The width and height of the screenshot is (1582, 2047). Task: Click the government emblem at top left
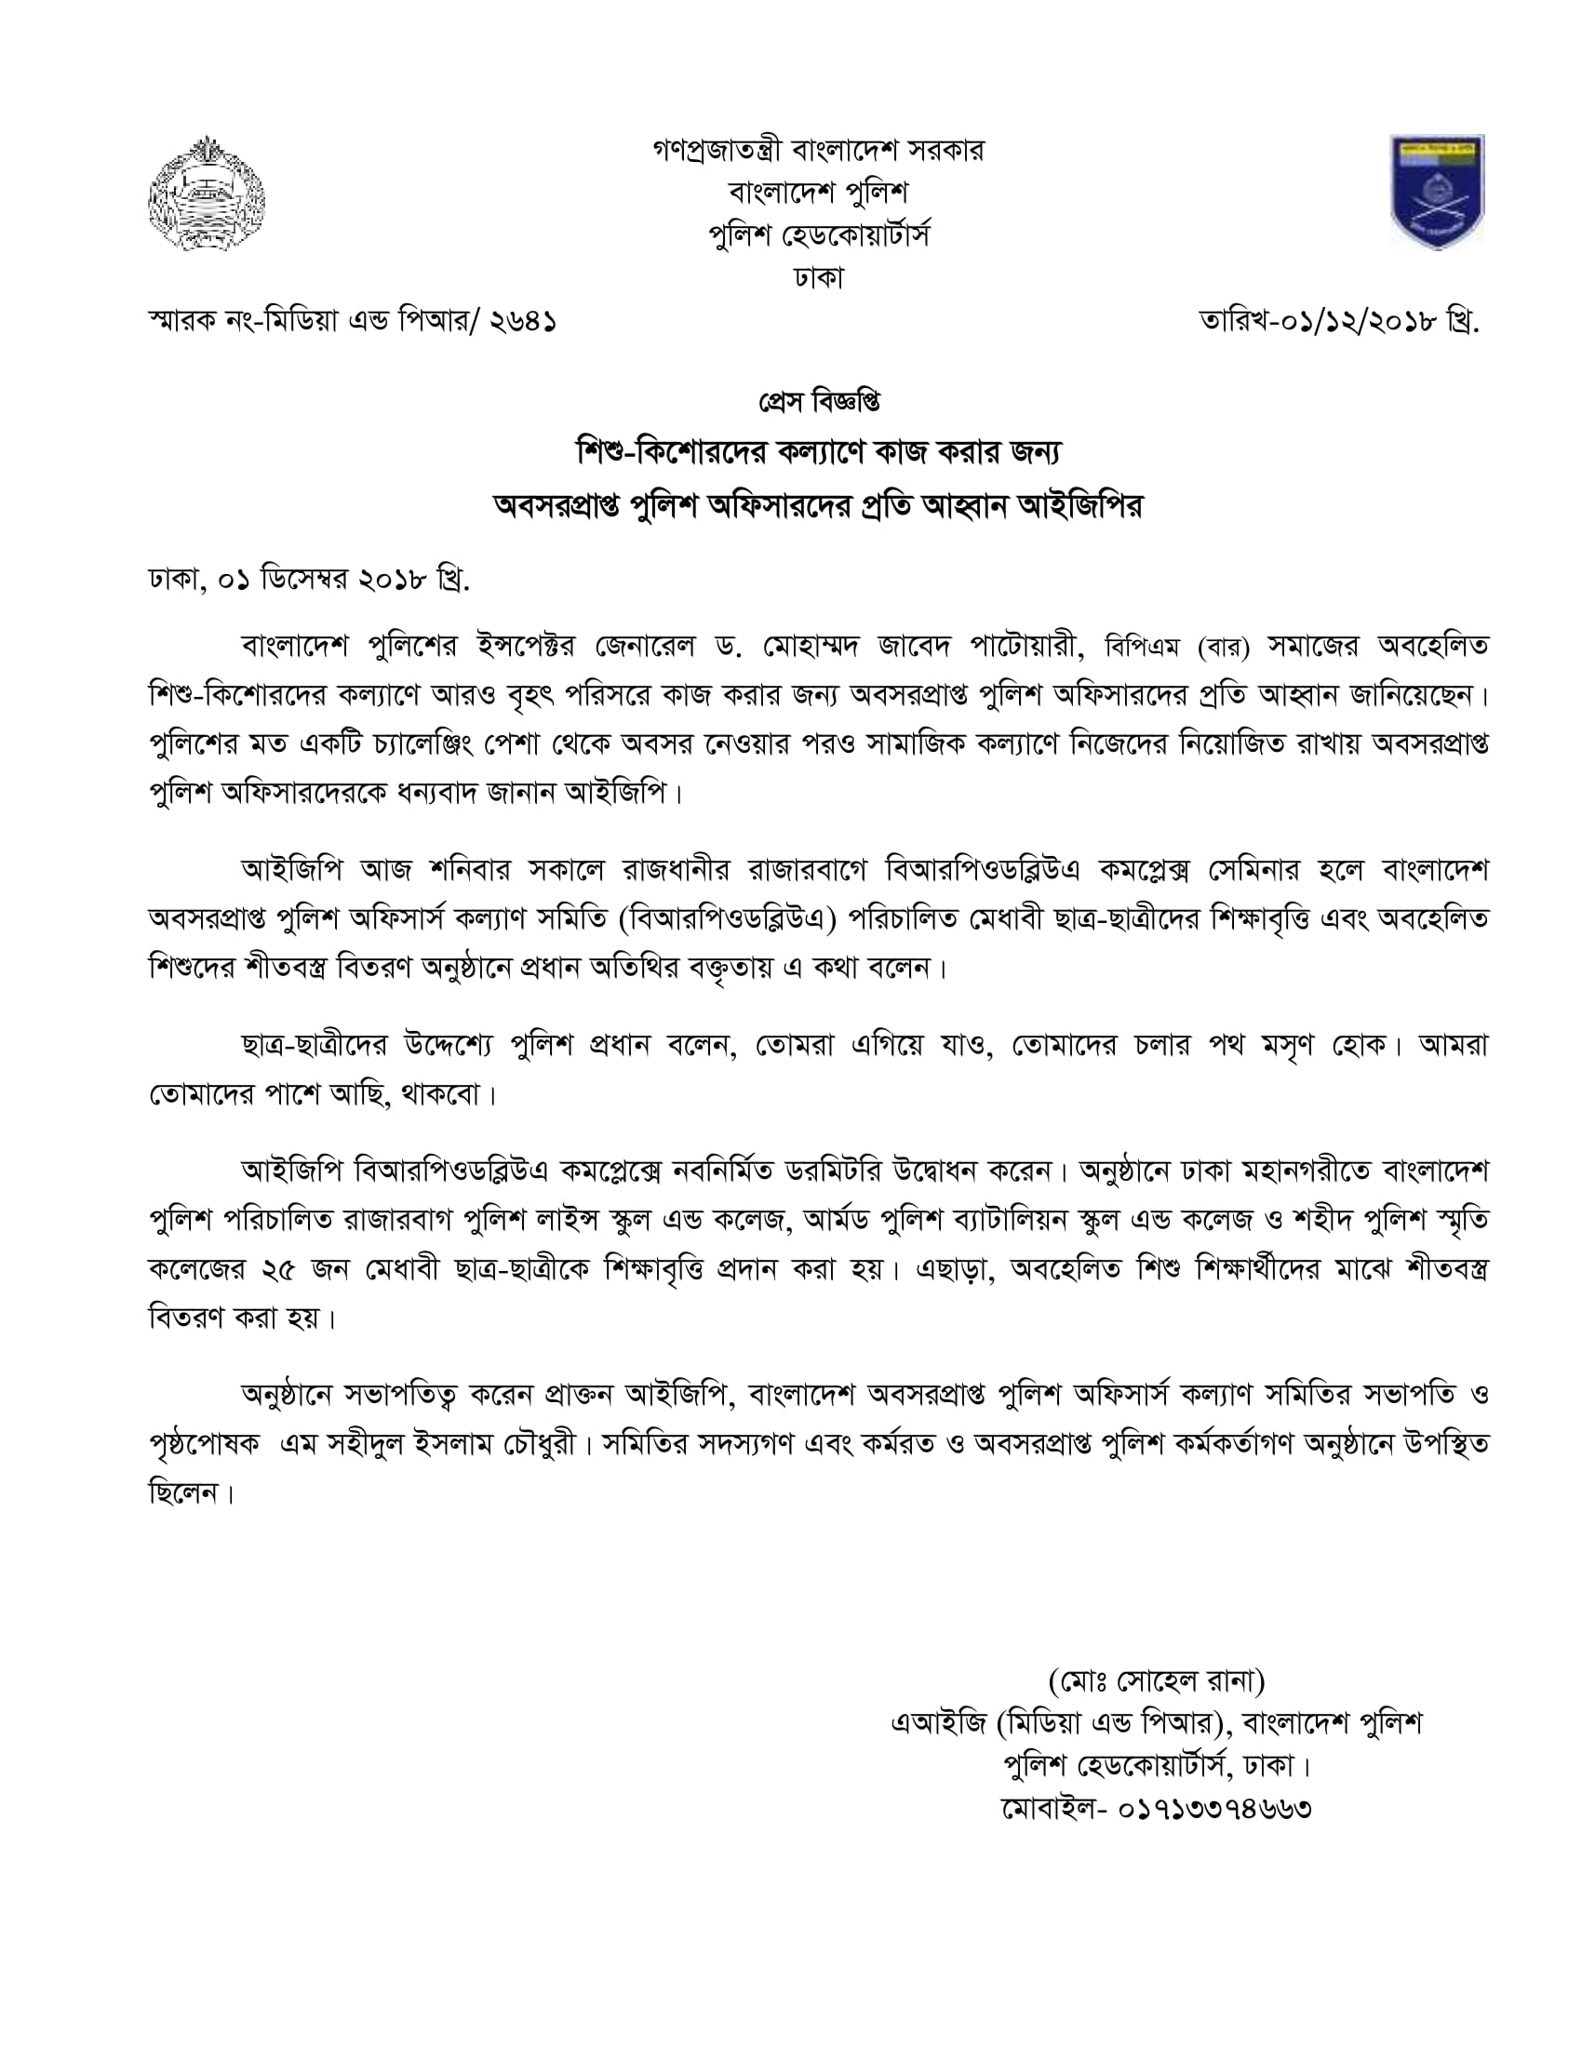[207, 194]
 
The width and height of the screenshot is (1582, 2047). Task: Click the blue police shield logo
[1437, 193]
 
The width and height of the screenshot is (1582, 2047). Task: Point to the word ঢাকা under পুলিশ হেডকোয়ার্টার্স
[818, 278]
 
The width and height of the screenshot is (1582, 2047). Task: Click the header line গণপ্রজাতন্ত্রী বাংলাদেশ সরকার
[818, 150]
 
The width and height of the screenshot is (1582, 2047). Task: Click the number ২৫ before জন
[275, 1269]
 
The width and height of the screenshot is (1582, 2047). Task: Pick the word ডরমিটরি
[813, 1171]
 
